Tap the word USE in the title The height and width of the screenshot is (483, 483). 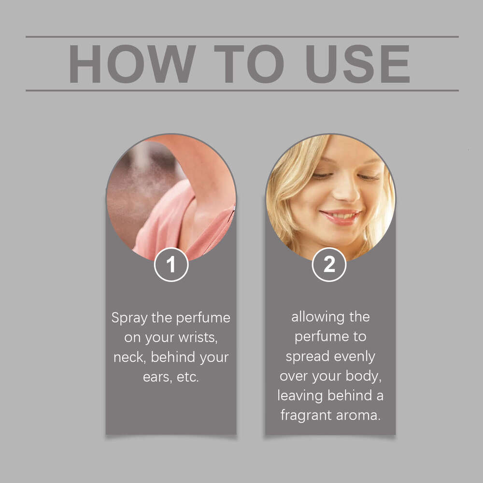357,64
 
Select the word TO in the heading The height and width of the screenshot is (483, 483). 249,64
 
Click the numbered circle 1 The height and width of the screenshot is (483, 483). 171,265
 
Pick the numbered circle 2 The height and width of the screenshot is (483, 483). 329,265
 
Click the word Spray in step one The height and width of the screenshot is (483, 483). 129,318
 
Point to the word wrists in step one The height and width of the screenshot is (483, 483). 198,338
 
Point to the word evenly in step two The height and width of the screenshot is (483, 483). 355,357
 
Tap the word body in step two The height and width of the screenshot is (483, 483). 364,376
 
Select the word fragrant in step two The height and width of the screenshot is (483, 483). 306,415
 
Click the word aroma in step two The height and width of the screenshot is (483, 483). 358,416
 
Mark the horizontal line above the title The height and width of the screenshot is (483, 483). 242,37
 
